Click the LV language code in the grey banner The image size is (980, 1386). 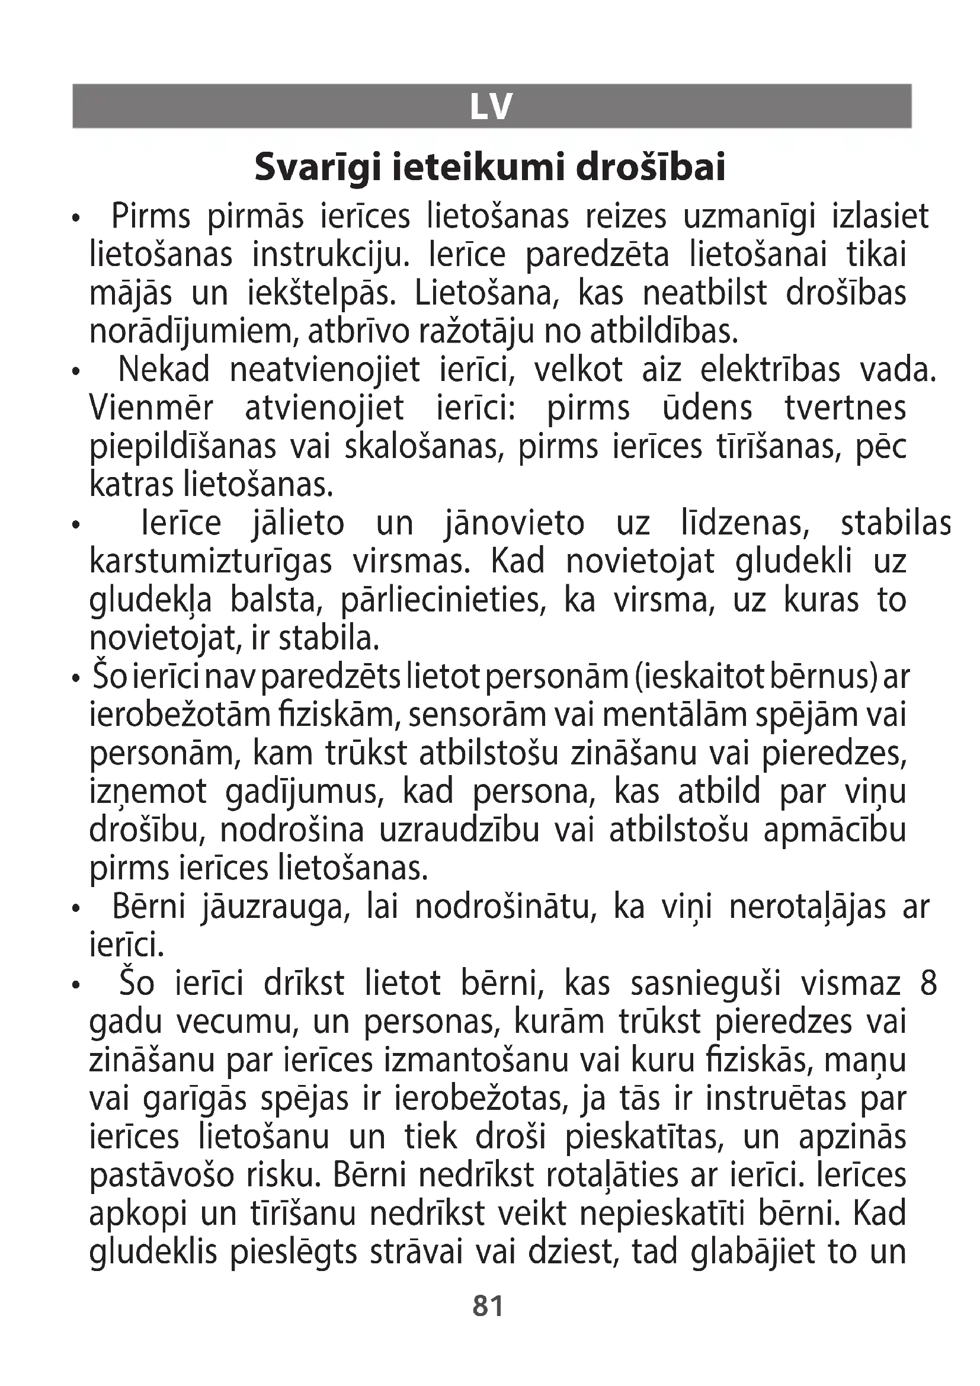pos(491,107)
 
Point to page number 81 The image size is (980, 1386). pos(488,1306)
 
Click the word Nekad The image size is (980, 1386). pos(164,370)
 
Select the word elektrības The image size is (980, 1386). pos(770,370)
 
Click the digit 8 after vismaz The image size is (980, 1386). pos(928,985)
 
